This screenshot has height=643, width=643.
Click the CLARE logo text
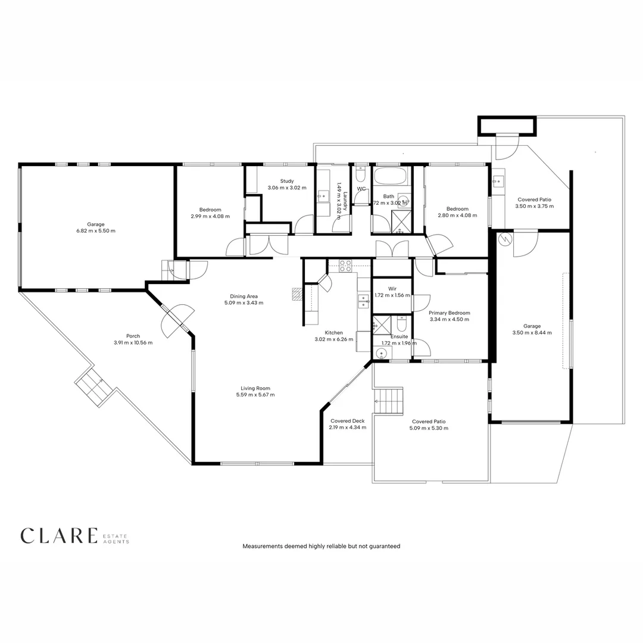(x=58, y=535)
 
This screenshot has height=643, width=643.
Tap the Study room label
(x=287, y=181)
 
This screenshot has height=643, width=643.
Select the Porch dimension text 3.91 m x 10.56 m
(x=133, y=343)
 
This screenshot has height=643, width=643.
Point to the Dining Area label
(x=244, y=296)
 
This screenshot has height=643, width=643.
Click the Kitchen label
(x=333, y=332)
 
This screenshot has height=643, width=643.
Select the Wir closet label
(x=392, y=288)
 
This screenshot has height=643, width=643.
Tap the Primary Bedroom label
(x=449, y=313)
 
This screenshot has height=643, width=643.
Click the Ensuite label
(x=399, y=336)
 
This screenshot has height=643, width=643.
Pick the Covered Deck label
(x=347, y=420)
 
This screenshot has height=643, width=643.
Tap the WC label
(x=361, y=189)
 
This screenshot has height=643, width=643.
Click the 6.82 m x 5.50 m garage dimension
(x=95, y=231)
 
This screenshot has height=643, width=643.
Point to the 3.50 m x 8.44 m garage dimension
(x=532, y=333)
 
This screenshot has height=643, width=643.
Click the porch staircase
(x=93, y=387)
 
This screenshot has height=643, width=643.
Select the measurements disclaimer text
(x=321, y=546)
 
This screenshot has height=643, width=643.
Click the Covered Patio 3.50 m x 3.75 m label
(x=535, y=206)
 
